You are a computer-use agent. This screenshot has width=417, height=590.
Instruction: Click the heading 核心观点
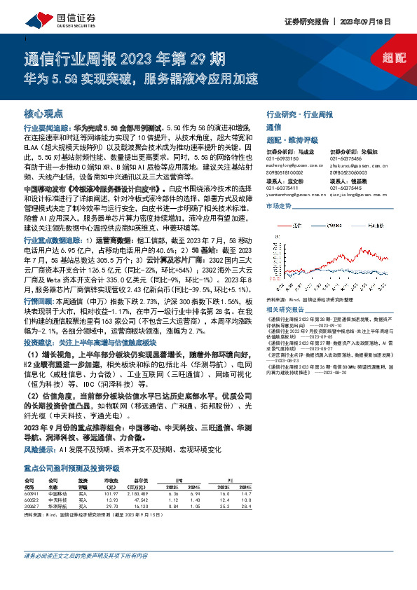[43, 113]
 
